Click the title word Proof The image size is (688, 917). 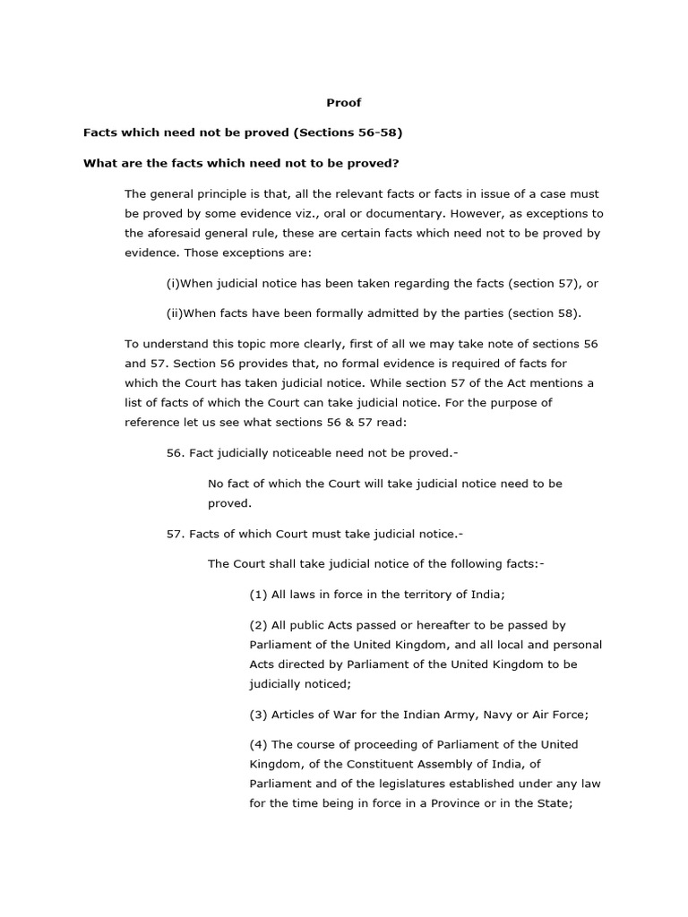344,103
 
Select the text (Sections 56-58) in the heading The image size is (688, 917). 348,133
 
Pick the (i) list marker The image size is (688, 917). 173,283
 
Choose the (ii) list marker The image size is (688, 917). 175,313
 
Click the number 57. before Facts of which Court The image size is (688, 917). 176,534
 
